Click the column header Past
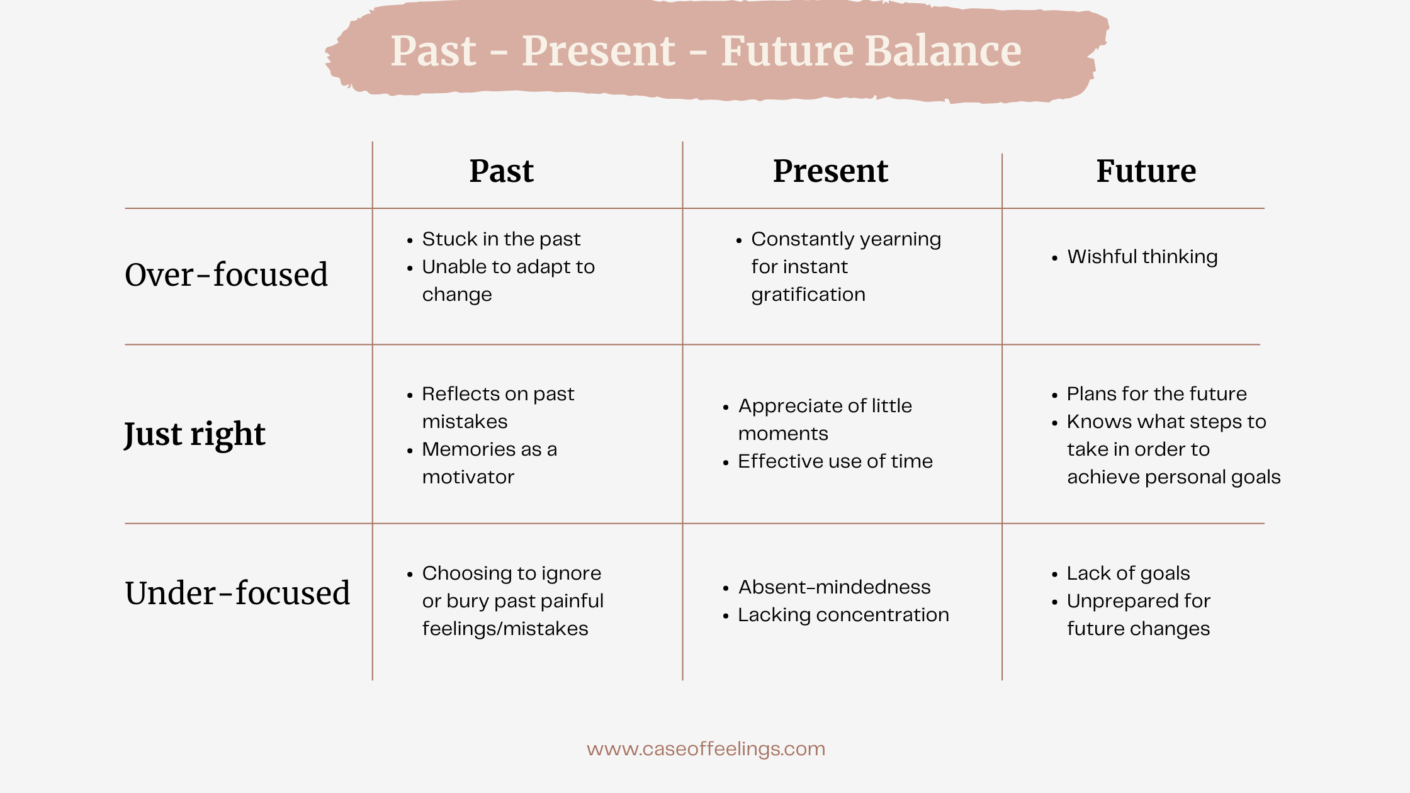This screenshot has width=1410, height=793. point(501,171)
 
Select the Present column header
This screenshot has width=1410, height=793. point(830,171)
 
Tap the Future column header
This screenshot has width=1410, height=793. point(1146,171)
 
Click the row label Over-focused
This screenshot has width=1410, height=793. point(226,275)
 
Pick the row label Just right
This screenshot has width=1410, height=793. point(195,434)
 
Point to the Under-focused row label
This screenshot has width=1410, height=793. point(237,593)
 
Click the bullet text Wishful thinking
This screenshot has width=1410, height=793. point(1142,257)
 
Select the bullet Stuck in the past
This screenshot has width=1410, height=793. point(501,239)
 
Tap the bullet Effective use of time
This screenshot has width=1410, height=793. point(835,461)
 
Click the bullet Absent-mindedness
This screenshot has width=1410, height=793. point(834,587)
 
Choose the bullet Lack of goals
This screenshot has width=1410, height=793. point(1128,573)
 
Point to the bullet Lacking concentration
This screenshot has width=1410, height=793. point(843,615)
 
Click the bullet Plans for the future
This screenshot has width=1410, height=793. point(1156,394)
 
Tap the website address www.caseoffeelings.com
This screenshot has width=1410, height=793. point(706,749)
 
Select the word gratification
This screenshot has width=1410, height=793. point(808,295)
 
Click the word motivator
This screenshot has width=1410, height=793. point(468,477)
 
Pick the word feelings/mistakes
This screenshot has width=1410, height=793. point(505,629)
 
